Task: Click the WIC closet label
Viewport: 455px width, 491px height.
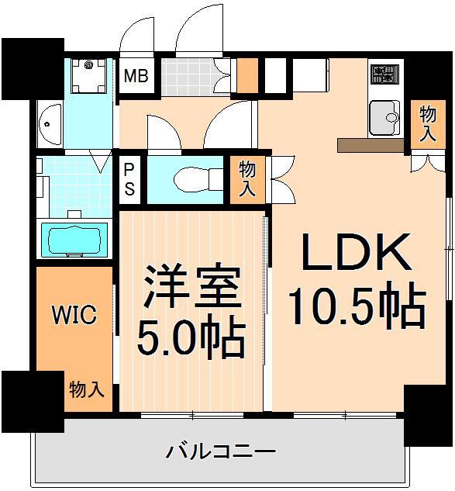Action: point(74,315)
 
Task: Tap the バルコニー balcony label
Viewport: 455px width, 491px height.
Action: point(222,451)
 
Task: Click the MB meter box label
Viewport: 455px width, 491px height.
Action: point(138,77)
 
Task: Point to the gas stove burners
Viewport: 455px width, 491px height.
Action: point(383,75)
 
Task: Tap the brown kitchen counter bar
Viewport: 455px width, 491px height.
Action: point(371,144)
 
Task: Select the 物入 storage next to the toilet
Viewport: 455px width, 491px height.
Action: point(247,179)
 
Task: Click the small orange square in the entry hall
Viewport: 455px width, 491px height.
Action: point(247,75)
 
